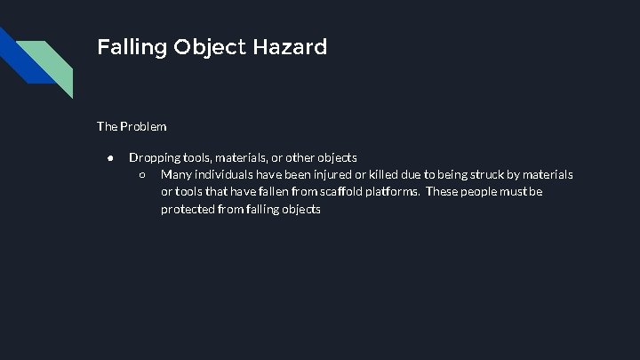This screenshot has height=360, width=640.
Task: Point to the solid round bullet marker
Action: pyautogui.click(x=108, y=157)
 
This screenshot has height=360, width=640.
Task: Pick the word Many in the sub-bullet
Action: pyautogui.click(x=176, y=174)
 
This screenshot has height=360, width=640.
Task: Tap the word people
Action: pyautogui.click(x=478, y=192)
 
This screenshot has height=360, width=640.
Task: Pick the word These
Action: pyautogui.click(x=441, y=192)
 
